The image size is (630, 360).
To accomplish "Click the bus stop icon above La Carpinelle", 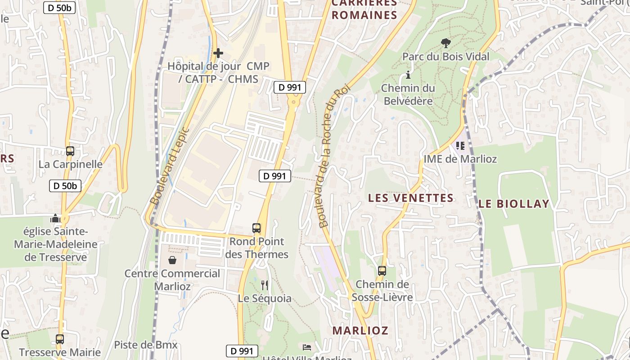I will coord(70,151).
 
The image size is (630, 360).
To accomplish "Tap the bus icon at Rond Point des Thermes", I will coord(256,228).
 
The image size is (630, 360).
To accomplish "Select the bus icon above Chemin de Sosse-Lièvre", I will coord(382,271).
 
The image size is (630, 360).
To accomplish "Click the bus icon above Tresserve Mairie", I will coord(60,339).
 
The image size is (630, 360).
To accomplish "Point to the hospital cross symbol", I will coord(218,53).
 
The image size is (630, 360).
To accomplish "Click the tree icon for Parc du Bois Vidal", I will coord(446,43).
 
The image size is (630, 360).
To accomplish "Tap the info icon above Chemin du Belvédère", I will coord(408,75).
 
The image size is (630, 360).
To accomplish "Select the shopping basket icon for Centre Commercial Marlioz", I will coord(172,260).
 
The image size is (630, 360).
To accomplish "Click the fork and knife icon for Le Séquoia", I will coord(265,285).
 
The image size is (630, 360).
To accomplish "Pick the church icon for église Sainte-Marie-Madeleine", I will coord(55,219).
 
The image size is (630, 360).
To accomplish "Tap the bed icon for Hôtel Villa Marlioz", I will coord(307,347).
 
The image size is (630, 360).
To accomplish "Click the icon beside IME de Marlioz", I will coord(460,145).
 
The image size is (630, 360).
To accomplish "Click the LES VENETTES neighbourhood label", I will coord(410,198).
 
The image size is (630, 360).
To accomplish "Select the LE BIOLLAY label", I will coord(514,204).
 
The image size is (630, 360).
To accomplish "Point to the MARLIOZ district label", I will coord(360,330).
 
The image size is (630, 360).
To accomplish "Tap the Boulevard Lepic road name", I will coord(170,166).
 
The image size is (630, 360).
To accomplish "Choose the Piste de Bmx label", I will coord(146,345).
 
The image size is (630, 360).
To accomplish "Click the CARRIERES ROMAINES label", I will coord(364,10).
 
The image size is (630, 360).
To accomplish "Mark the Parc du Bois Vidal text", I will coord(445,57).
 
